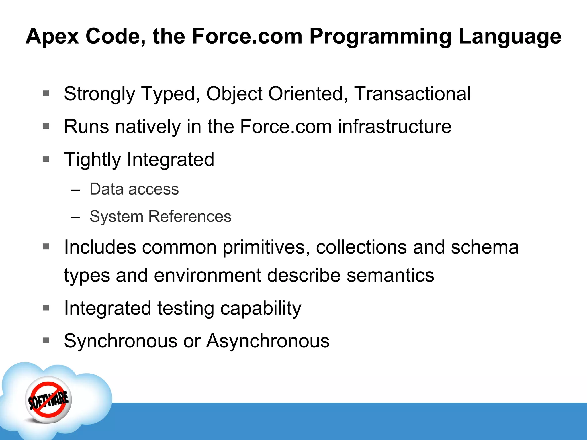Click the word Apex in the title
[52, 37]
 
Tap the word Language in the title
[510, 37]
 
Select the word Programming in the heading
[380, 37]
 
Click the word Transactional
[412, 94]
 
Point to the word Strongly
[99, 94]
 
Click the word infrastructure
[394, 127]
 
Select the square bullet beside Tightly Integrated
[46, 159]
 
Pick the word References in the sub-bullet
[189, 216]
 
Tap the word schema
[485, 247]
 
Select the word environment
[208, 275]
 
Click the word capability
[261, 309]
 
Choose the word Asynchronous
[268, 341]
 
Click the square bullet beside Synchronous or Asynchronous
[46, 340]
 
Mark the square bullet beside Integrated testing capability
[46, 308]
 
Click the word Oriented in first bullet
[306, 94]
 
